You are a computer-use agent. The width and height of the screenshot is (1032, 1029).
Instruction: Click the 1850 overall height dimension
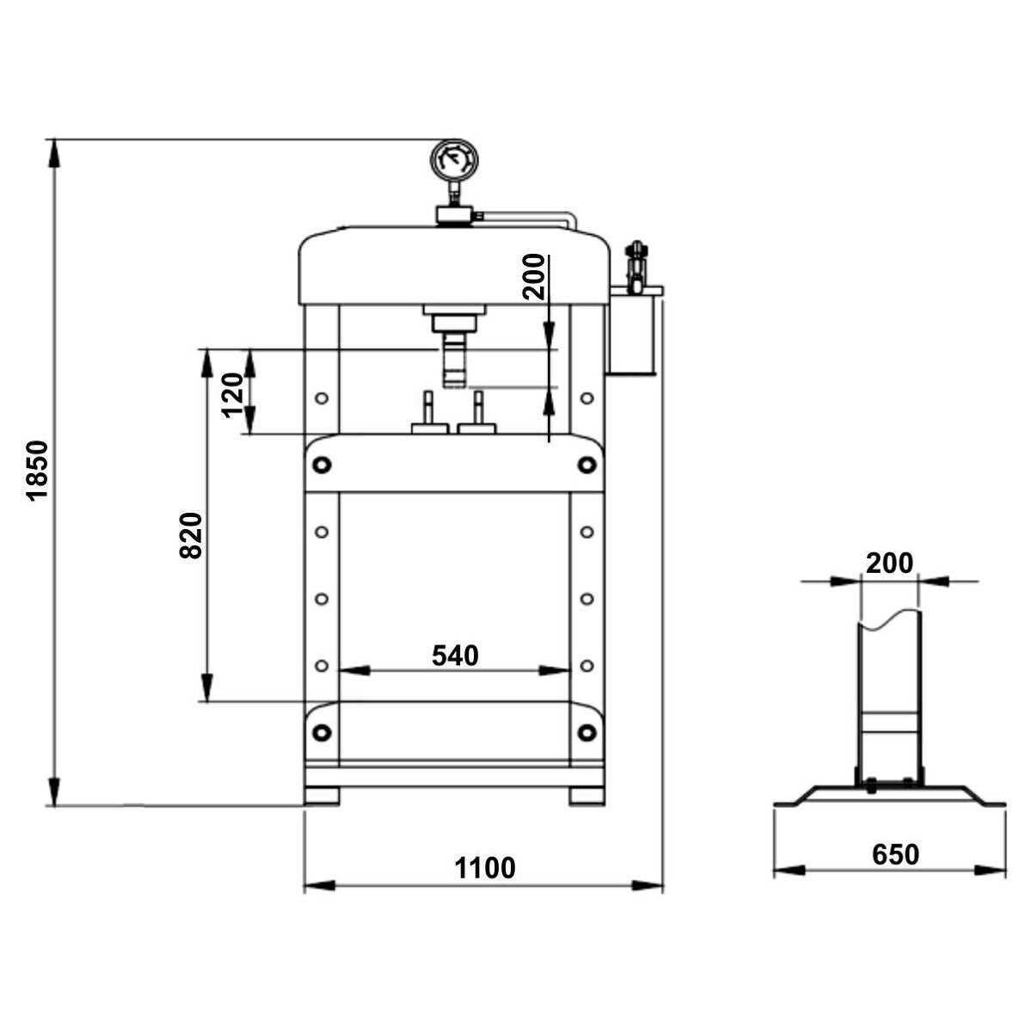pyautogui.click(x=38, y=470)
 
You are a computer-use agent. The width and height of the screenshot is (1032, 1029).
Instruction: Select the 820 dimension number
pyautogui.click(x=191, y=535)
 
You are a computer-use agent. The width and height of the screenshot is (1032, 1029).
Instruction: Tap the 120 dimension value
pyautogui.click(x=232, y=396)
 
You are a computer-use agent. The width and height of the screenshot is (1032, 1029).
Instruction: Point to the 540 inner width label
pyautogui.click(x=455, y=656)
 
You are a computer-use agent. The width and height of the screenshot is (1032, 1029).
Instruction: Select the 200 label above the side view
pyautogui.click(x=889, y=564)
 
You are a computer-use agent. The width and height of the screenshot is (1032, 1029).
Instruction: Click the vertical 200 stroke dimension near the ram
pyautogui.click(x=533, y=276)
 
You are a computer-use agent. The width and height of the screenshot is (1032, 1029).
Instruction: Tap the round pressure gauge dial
pyautogui.click(x=453, y=158)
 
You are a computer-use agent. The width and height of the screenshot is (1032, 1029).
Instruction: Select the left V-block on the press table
pyautogui.click(x=429, y=413)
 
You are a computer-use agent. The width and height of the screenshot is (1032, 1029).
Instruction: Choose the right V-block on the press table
pyautogui.click(x=476, y=413)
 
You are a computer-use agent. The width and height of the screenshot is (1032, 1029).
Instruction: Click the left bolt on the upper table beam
pyautogui.click(x=322, y=464)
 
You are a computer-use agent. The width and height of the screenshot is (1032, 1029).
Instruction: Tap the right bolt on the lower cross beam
pyautogui.click(x=587, y=731)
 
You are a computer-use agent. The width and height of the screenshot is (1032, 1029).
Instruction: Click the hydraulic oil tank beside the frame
pyautogui.click(x=632, y=332)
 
